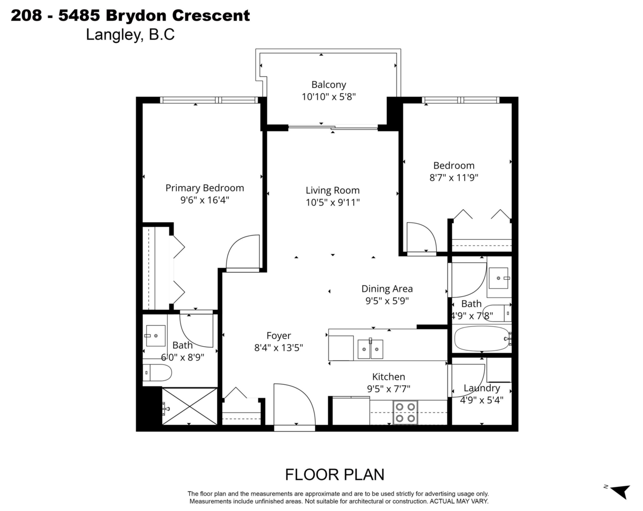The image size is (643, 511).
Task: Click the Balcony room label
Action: (328, 85)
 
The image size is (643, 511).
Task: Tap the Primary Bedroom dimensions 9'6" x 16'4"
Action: (204, 200)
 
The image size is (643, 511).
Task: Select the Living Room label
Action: (332, 190)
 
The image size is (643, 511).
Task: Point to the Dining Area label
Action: (386, 289)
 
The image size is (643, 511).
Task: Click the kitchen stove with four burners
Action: (405, 412)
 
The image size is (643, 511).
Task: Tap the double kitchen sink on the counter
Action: (370, 349)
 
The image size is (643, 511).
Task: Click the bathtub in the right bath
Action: (482, 338)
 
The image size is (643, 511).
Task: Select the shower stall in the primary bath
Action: (189, 407)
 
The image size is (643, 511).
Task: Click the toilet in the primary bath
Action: (157, 372)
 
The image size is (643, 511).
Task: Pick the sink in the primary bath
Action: (155, 335)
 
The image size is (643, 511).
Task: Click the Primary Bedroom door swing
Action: (243, 253)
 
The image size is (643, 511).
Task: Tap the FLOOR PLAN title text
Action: (334, 475)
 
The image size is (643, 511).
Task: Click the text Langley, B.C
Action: (130, 35)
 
